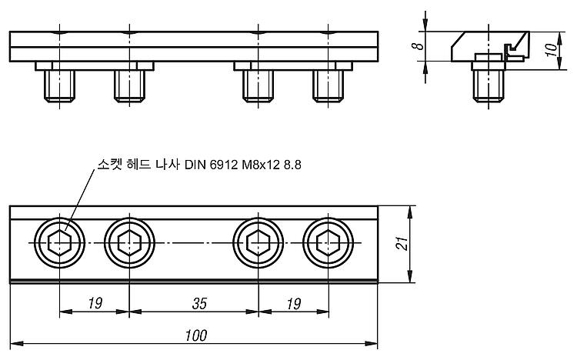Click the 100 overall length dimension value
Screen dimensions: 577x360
point(196,335)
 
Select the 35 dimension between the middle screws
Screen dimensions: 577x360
point(199,304)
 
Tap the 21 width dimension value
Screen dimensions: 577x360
point(402,244)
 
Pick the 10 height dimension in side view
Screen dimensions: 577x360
point(551,50)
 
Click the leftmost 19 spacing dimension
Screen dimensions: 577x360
point(95,304)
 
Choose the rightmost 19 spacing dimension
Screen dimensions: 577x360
point(294,304)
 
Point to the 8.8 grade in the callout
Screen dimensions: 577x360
point(292,165)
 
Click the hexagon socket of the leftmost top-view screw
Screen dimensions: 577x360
point(59,243)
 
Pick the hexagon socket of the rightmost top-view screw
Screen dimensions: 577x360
point(329,243)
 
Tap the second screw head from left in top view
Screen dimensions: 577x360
point(129,243)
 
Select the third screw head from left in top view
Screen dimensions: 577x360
point(258,243)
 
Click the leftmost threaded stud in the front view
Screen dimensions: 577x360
point(59,86)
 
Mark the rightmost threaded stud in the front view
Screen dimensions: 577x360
point(329,86)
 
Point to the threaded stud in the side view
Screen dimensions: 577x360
point(489,86)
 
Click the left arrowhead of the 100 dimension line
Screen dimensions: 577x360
point(17,344)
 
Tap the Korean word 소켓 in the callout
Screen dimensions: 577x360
point(109,164)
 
